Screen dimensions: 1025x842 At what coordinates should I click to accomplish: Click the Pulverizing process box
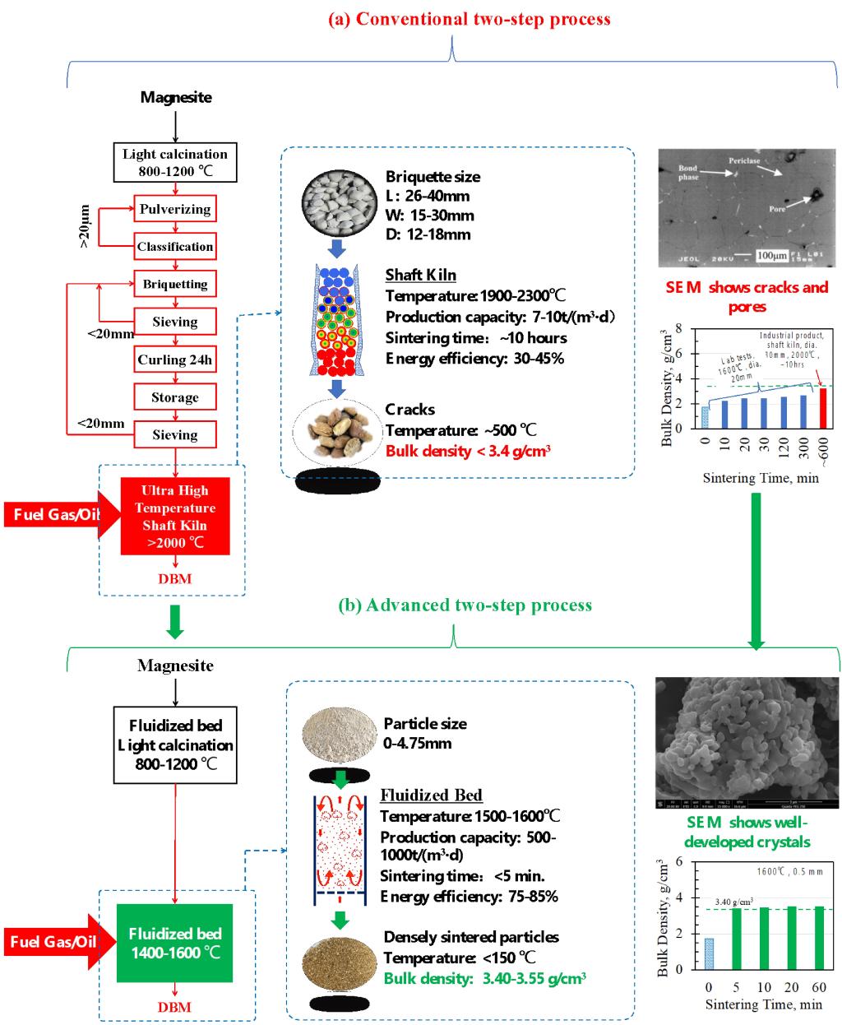click(x=174, y=209)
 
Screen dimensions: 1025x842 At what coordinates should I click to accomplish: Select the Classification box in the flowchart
click(x=174, y=247)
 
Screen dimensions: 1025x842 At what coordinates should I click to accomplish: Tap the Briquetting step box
click(x=174, y=285)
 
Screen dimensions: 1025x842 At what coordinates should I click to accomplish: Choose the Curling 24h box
click(x=174, y=359)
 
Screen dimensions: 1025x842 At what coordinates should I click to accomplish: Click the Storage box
click(x=174, y=397)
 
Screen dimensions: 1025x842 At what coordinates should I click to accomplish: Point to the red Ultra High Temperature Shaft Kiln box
click(x=174, y=517)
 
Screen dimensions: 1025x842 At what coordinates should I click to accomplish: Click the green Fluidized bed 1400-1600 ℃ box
click(x=174, y=943)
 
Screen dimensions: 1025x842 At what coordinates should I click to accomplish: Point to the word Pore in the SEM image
click(x=777, y=209)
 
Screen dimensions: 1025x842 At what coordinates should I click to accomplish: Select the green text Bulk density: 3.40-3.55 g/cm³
click(x=484, y=978)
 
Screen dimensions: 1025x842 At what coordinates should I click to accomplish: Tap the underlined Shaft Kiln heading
click(x=420, y=276)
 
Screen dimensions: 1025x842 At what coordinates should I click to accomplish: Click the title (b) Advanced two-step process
click(x=465, y=605)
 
